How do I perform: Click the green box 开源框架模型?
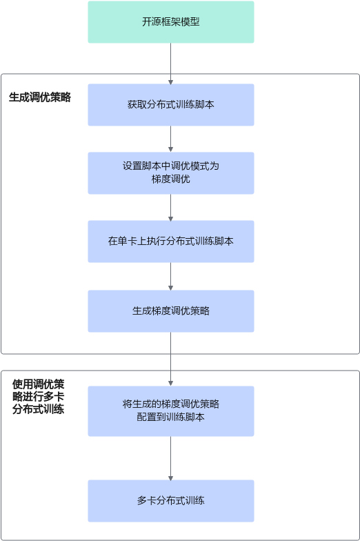pyautogui.click(x=171, y=22)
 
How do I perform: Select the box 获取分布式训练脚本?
pyautogui.click(x=171, y=105)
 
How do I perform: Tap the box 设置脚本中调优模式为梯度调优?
pyautogui.click(x=171, y=173)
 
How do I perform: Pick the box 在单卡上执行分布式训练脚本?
pyautogui.click(x=171, y=242)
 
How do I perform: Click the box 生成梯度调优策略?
pyautogui.click(x=171, y=311)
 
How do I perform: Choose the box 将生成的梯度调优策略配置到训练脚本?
pyautogui.click(x=171, y=411)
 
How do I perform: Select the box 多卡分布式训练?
pyautogui.click(x=171, y=501)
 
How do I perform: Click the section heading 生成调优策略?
pyautogui.click(x=40, y=97)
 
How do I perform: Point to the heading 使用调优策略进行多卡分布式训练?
pyautogui.click(x=39, y=396)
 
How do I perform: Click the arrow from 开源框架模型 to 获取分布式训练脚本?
pyautogui.click(x=171, y=63)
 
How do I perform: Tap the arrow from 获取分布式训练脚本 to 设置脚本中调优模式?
pyautogui.click(x=171, y=139)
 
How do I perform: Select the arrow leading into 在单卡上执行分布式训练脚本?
pyautogui.click(x=171, y=207)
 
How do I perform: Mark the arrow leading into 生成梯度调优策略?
pyautogui.click(x=171, y=276)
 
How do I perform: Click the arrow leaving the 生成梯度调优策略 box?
pyautogui.click(x=171, y=359)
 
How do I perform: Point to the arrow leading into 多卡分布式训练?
pyautogui.click(x=171, y=458)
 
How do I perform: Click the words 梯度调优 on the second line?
pyautogui.click(x=171, y=179)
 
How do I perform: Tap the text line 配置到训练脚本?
pyautogui.click(x=171, y=417)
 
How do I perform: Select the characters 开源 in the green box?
pyautogui.click(x=147, y=22)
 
